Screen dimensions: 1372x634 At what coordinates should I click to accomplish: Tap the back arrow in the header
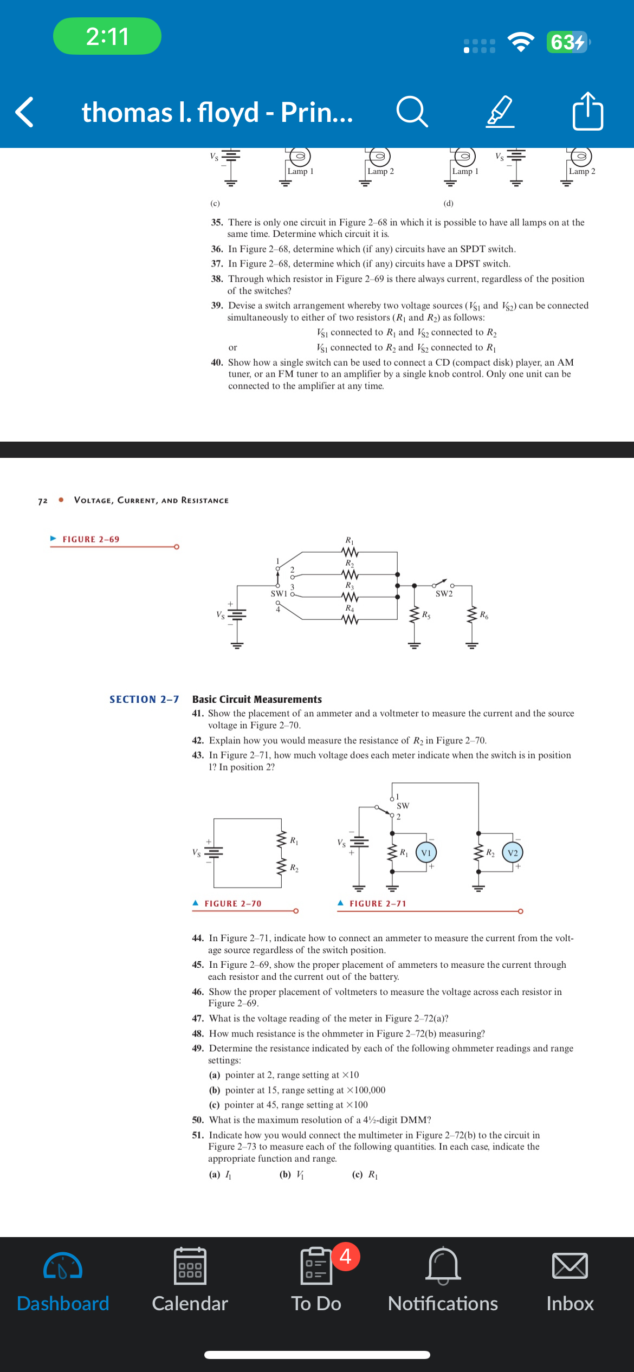pos(25,112)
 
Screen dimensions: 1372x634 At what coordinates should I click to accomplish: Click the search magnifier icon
pos(412,112)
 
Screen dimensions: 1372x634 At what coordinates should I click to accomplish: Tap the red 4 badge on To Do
pos(345,1256)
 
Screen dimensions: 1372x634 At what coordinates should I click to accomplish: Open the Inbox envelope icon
pos(570,1266)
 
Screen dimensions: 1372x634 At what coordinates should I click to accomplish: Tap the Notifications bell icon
pos(443,1266)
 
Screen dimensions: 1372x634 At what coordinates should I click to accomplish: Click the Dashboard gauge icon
pos(63,1266)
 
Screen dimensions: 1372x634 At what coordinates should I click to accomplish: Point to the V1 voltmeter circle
pos(426,853)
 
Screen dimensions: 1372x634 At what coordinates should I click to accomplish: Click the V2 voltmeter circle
pos(513,853)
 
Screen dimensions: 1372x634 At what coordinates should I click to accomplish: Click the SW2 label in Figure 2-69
pos(444,594)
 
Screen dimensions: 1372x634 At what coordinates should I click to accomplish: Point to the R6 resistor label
pos(484,615)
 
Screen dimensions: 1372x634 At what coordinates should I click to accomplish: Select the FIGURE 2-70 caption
pos(232,904)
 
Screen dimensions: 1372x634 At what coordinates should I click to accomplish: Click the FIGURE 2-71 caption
pos(378,904)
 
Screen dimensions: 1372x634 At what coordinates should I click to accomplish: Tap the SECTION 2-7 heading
pos(144,700)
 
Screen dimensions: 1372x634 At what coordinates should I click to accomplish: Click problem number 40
pos(217,363)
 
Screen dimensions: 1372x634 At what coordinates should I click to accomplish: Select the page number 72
pos(43,501)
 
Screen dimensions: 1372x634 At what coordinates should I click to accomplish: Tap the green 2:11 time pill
pos(107,36)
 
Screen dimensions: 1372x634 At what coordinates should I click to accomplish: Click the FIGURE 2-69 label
pos(90,540)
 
